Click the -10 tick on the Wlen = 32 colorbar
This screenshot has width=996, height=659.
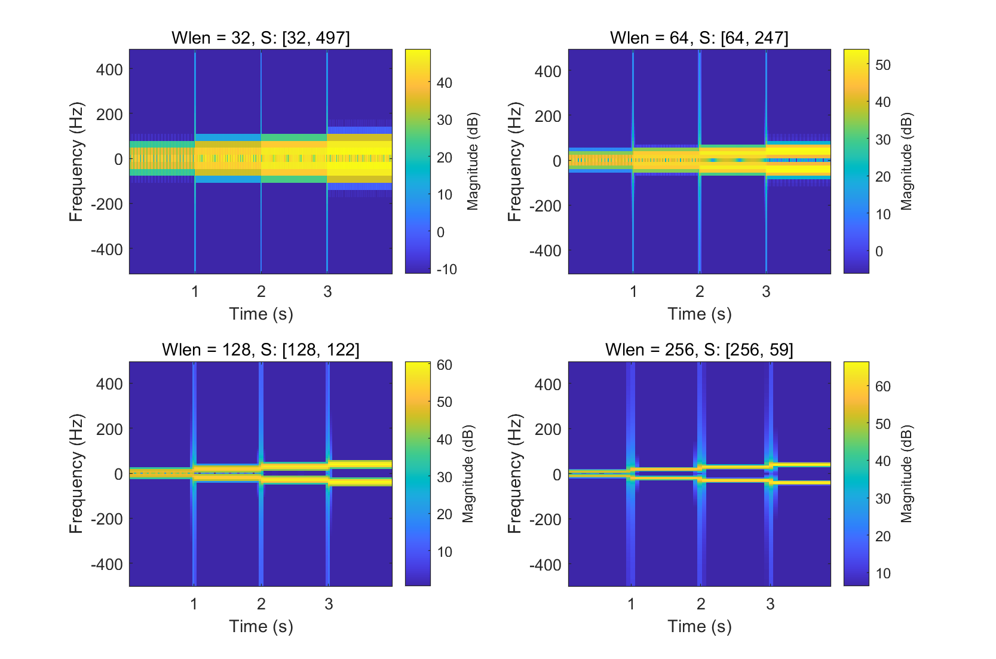pos(446,269)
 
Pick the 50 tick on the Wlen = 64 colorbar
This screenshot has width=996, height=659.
pos(882,65)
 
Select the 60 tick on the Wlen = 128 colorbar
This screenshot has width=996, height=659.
pos(444,364)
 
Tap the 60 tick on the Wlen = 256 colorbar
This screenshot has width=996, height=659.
pos(882,386)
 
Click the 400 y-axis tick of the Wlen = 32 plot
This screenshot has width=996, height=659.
pos(109,70)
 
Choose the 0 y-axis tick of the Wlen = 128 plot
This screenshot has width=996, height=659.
pos(118,474)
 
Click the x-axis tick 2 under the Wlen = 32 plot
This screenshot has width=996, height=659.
pos(261,292)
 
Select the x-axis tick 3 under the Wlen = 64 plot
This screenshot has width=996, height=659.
pos(766,292)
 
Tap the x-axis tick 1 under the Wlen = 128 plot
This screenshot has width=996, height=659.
pos(194,604)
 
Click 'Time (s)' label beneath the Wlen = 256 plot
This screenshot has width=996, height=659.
pos(699,626)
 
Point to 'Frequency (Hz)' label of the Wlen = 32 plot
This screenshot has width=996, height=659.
pos(76,161)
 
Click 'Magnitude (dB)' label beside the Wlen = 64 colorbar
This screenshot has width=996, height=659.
pos(906,161)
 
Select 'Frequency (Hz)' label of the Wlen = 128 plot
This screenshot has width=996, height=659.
pos(76,474)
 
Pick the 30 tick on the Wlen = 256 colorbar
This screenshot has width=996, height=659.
pos(882,498)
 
